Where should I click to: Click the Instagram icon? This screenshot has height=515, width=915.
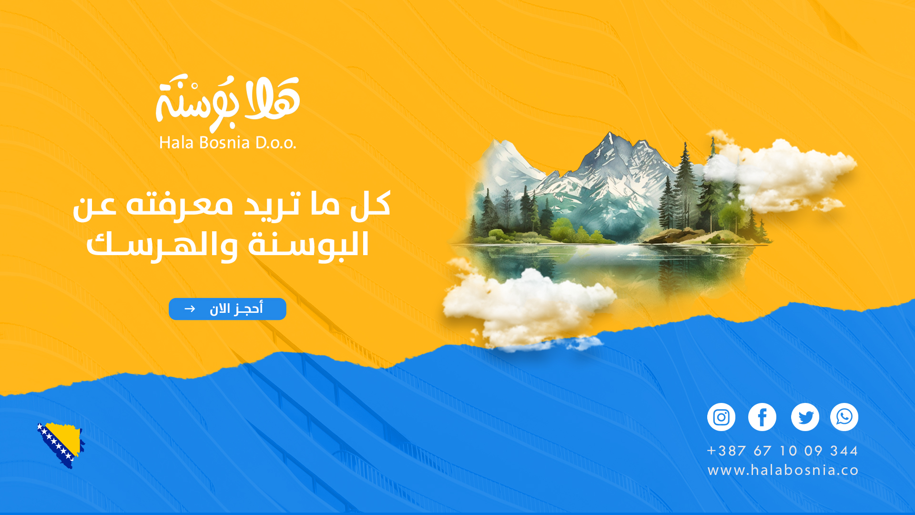tap(721, 417)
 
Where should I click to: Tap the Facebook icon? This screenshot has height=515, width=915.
tap(762, 417)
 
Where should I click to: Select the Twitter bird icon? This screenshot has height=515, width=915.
tap(805, 417)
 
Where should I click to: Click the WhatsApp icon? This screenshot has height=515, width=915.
tap(844, 417)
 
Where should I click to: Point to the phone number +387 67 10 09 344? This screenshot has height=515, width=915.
tap(783, 451)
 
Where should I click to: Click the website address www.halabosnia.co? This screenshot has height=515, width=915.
tap(783, 471)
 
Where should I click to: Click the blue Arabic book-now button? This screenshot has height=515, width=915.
tap(227, 309)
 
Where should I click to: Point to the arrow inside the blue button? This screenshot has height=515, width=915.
tap(190, 309)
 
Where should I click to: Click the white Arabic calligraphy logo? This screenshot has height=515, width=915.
tap(228, 102)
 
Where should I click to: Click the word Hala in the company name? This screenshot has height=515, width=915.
tap(176, 143)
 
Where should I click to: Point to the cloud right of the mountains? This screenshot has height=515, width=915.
tap(782, 174)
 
